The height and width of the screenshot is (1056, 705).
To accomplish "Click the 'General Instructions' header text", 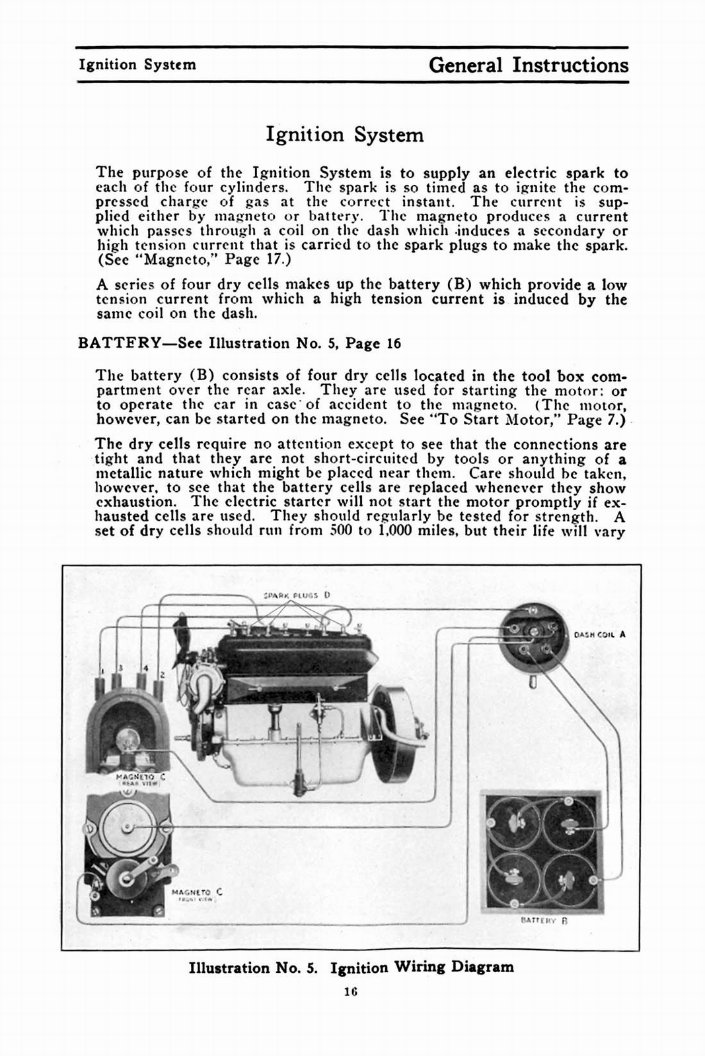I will (x=528, y=65).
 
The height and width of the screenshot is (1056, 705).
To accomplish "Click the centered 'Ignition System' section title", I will (x=344, y=135).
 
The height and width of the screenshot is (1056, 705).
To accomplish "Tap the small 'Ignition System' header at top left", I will (x=137, y=65).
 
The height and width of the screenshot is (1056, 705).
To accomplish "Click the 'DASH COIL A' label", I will (x=599, y=635).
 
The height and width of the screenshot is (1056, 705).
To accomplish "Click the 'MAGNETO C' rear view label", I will (x=139, y=777).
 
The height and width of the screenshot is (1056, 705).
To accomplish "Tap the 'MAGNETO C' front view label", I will (x=196, y=892).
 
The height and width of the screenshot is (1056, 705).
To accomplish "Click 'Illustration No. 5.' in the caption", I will (x=253, y=968).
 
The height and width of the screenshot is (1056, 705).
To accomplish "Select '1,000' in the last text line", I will (x=394, y=531).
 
